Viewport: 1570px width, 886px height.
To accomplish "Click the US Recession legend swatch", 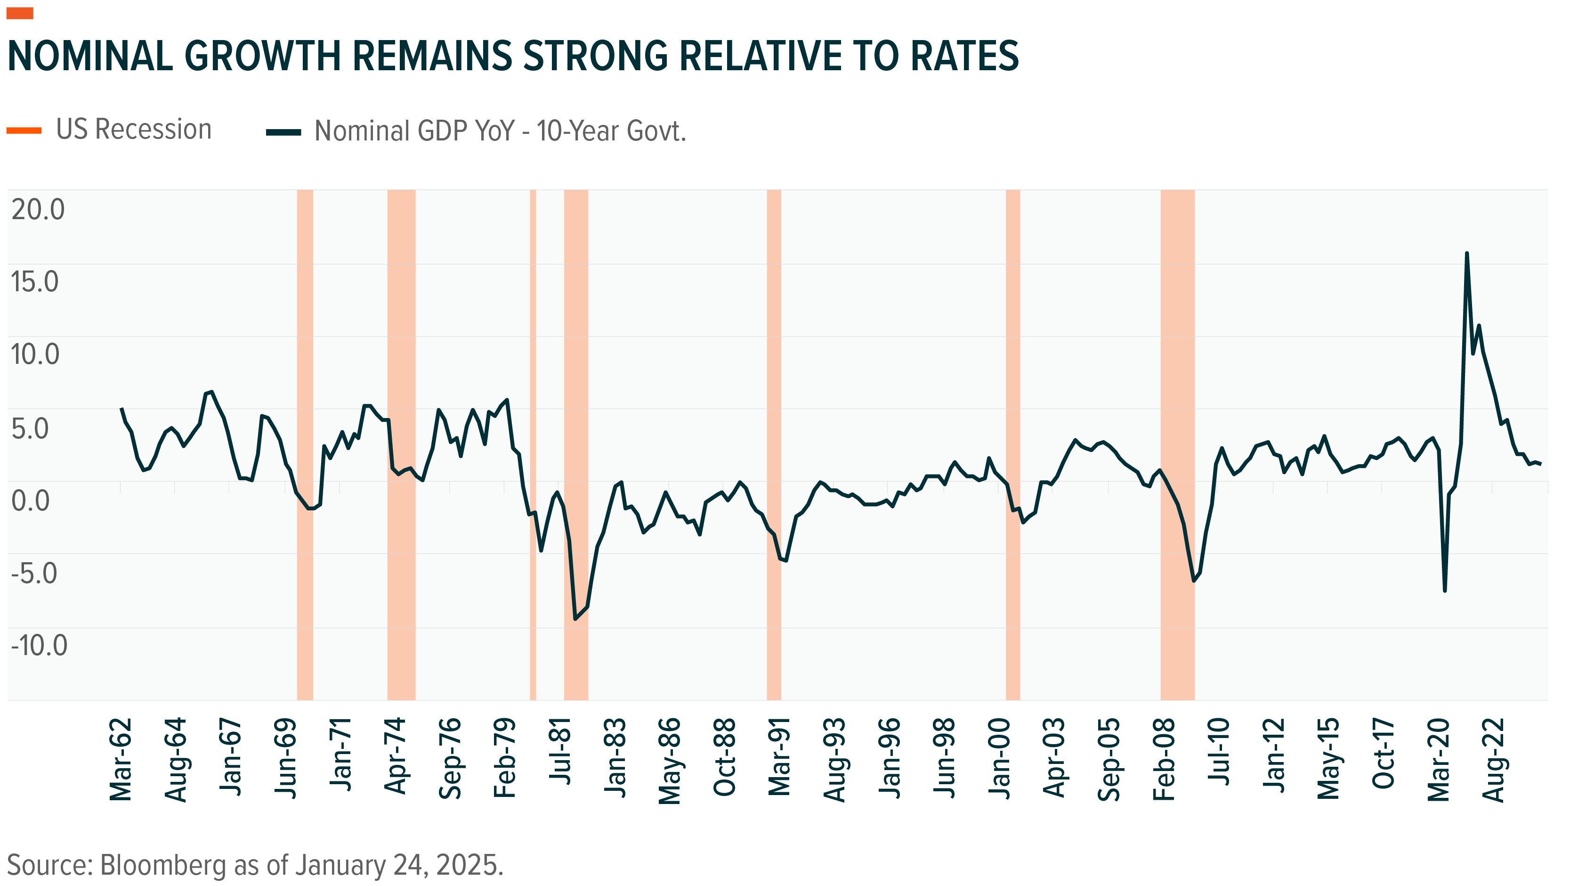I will (x=24, y=131).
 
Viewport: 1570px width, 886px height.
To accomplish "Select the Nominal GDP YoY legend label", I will (x=500, y=131).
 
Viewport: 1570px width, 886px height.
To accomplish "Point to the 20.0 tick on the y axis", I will (x=38, y=210).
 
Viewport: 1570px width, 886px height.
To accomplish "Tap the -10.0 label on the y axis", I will (x=39, y=645).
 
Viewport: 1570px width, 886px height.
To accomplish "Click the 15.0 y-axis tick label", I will (x=35, y=282).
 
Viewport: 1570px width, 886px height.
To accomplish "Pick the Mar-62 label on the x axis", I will (x=121, y=759).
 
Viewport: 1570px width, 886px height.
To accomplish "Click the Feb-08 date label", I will (x=1164, y=759).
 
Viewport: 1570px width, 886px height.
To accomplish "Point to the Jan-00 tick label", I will (x=1000, y=758).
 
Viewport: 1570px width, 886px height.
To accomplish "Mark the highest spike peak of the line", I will (x=1466, y=254).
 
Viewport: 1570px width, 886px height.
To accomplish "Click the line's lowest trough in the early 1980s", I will (x=575, y=619).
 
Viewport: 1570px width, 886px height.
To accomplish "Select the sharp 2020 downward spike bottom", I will (x=1444, y=590).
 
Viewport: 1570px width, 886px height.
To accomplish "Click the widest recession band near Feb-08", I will (x=1177, y=445).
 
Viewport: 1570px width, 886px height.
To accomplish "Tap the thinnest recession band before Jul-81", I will (x=533, y=445).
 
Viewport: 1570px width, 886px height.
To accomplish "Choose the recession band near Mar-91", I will (x=773, y=445).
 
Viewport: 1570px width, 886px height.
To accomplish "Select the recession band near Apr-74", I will (x=401, y=445).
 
